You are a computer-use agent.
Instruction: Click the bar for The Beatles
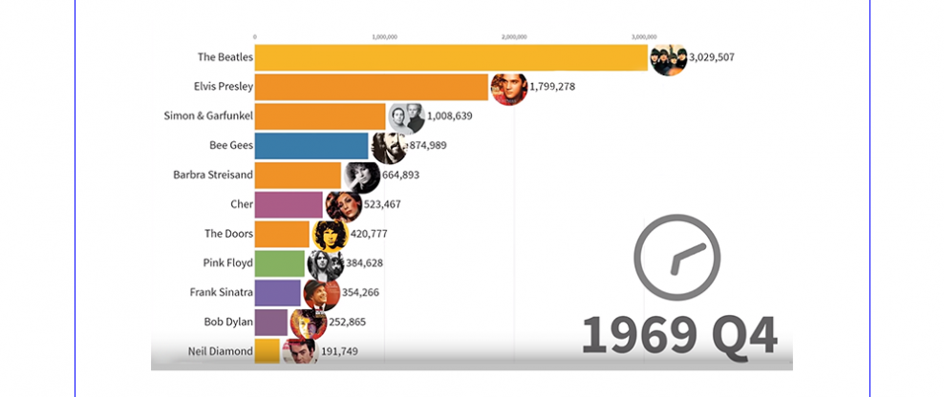pos(449,57)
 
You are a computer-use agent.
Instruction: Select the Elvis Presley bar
pos(373,87)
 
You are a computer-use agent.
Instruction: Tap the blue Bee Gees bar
pos(311,146)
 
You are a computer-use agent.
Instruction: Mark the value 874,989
pos(424,146)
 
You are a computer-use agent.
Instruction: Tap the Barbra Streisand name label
pos(213,175)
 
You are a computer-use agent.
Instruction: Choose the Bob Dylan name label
pos(228,322)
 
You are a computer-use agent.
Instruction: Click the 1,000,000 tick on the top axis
pos(383,37)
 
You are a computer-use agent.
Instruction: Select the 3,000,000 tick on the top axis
pos(645,37)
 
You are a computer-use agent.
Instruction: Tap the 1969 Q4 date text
pos(679,334)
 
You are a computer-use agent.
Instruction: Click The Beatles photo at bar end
pos(667,58)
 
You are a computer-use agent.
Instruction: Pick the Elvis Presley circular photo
pos(508,89)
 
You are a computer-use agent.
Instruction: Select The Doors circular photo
pos(331,235)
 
